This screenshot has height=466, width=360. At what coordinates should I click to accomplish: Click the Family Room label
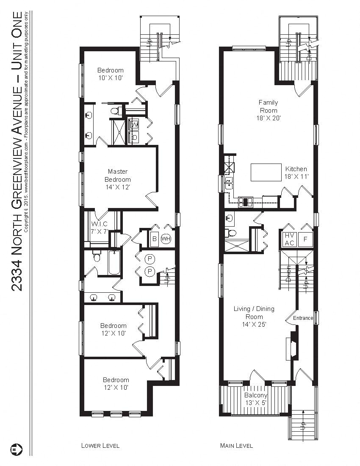click(x=269, y=110)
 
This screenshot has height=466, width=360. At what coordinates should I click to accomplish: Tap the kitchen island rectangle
click(x=266, y=172)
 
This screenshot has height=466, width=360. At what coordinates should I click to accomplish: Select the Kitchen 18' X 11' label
click(x=296, y=172)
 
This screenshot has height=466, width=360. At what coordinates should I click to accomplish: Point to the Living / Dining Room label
click(x=254, y=316)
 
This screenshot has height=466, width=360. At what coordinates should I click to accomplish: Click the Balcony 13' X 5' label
click(x=255, y=399)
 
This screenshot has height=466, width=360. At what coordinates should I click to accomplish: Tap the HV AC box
click(x=289, y=239)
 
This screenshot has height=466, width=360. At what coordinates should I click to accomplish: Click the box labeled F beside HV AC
click(x=305, y=239)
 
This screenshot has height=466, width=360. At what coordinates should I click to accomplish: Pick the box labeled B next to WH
click(x=154, y=238)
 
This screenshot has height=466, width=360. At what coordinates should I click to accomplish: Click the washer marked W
click(x=134, y=125)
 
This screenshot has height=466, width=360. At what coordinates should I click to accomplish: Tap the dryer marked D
click(x=134, y=137)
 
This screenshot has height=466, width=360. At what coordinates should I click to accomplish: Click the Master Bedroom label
click(x=117, y=179)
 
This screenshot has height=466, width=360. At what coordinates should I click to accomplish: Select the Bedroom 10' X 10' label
click(x=111, y=74)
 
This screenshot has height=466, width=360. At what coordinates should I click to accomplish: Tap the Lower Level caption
click(x=100, y=445)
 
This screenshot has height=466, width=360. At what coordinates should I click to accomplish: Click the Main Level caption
click(x=236, y=445)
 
